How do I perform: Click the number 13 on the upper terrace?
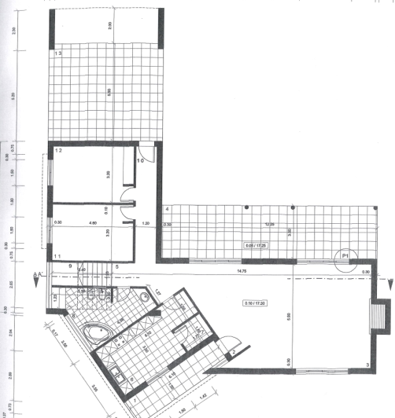pyautogui.click(x=59, y=53)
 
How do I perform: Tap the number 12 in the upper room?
pyautogui.click(x=58, y=150)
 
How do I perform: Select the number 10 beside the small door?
pyautogui.click(x=141, y=161)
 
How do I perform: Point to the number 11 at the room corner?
pyautogui.click(x=57, y=256)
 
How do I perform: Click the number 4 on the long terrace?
pyautogui.click(x=168, y=209)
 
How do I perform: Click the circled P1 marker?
pyautogui.click(x=344, y=255)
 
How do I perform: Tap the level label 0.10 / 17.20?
pyautogui.click(x=253, y=302)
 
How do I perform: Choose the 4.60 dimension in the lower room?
pyautogui.click(x=94, y=223)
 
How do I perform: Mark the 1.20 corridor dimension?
pyautogui.click(x=146, y=224)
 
